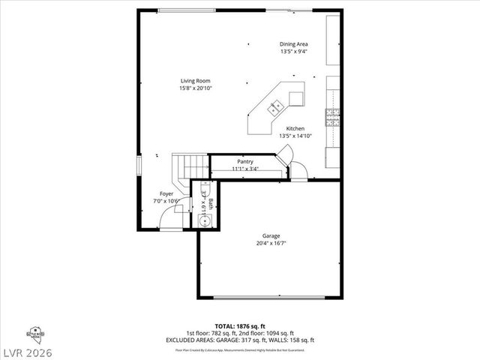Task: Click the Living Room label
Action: coord(194,81)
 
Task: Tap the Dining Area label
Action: coord(294,44)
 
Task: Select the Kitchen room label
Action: coord(295,129)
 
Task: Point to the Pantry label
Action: coord(245,161)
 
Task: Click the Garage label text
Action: coord(271,235)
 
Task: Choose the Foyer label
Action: coord(166,193)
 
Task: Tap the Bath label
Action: coord(211,202)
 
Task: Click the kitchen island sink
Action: coord(274,104)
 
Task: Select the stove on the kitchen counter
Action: coord(332,117)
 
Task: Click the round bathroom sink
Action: coord(202,220)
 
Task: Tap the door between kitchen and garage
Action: coord(298,172)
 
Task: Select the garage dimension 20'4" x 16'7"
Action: coord(271,243)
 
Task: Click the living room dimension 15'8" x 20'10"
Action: coord(194,88)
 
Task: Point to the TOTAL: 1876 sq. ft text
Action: coord(240,327)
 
